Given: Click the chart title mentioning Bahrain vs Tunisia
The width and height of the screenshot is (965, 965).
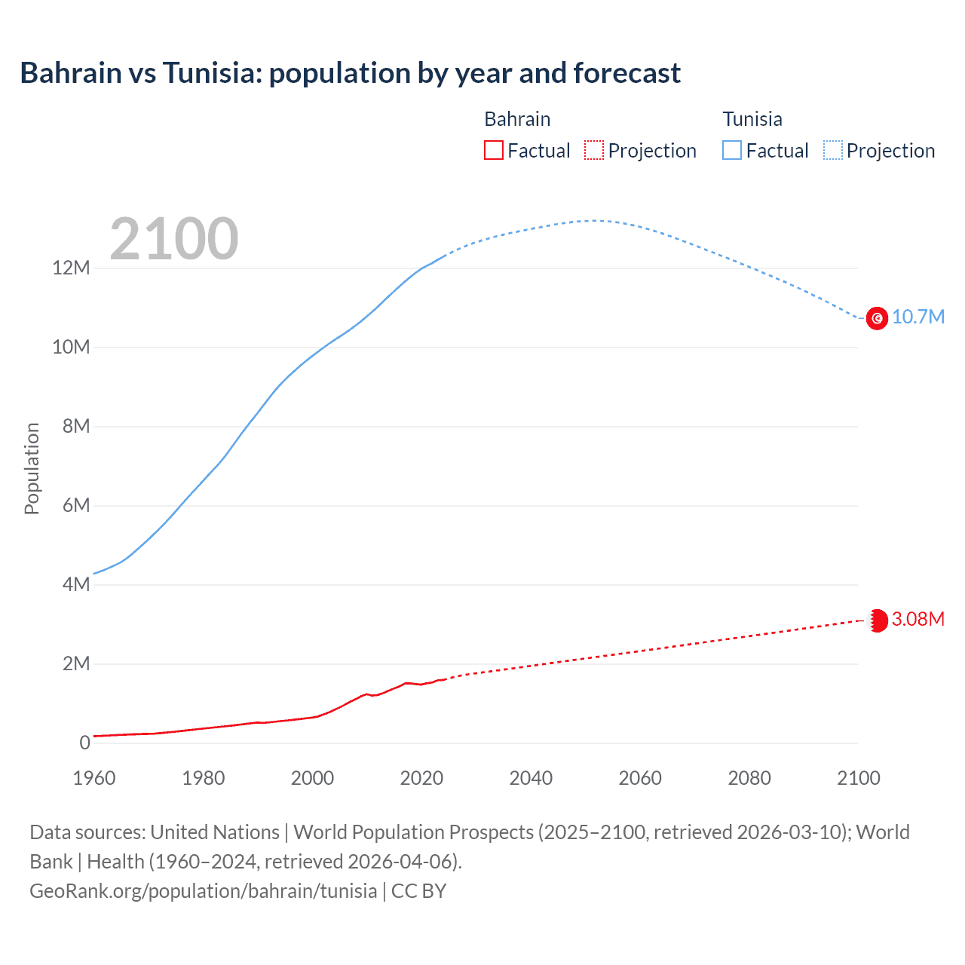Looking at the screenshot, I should (x=350, y=73).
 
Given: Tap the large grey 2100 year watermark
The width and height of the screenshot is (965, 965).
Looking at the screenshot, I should (x=174, y=239).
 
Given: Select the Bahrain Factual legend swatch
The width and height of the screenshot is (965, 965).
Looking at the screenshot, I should (x=493, y=151).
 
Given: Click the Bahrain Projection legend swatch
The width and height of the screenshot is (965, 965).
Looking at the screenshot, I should (x=594, y=151).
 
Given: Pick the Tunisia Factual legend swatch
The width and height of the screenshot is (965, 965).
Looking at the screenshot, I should (x=732, y=151).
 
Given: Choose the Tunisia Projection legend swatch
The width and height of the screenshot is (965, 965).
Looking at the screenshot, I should (x=833, y=151).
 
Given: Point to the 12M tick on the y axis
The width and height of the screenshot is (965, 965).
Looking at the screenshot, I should (x=71, y=268).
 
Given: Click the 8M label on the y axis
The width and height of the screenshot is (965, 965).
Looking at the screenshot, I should (x=75, y=427).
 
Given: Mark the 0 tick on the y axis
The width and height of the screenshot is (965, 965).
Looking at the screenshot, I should (x=84, y=743).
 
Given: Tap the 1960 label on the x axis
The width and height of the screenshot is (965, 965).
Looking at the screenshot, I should (x=94, y=778).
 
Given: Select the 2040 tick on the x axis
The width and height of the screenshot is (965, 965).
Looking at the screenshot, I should (x=531, y=778).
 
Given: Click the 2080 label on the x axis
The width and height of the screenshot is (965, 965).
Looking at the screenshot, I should (x=749, y=778).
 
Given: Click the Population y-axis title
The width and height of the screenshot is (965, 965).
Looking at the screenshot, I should (x=32, y=468).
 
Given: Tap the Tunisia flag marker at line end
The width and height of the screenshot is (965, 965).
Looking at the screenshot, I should (x=877, y=318).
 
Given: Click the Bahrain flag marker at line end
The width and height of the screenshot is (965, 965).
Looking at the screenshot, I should (x=877, y=620).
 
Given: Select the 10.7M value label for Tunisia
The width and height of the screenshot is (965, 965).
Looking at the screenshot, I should (x=918, y=317).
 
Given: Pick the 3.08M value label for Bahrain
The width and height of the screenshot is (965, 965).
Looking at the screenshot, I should (x=918, y=620).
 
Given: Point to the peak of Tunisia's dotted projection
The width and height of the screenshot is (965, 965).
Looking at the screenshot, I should (x=593, y=221).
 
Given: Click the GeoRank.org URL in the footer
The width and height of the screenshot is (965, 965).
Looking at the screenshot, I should (x=203, y=891).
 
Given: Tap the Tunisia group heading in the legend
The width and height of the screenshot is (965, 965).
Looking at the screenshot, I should (x=752, y=119).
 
